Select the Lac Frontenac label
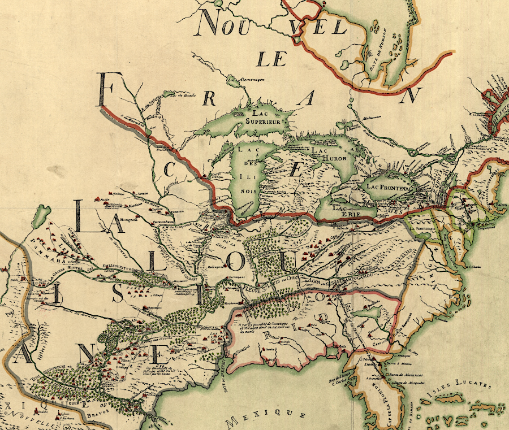[390, 185]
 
